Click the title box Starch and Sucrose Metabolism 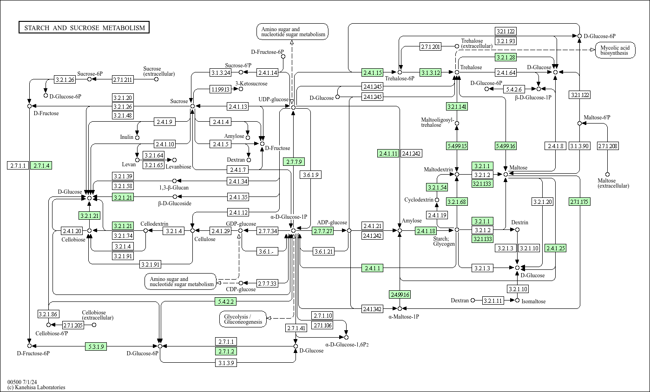(85, 28)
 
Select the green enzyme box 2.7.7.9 (294, 162)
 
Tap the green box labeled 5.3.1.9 (96, 346)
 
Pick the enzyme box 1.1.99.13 (221, 89)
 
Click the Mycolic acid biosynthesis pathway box (615, 51)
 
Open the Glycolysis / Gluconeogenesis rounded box (243, 319)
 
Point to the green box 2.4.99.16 (400, 294)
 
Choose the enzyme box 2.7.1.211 (123, 79)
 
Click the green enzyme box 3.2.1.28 (506, 58)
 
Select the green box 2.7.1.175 (579, 202)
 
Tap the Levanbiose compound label (178, 166)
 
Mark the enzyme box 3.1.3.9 (226, 363)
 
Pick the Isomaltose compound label (533, 301)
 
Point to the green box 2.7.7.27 (323, 231)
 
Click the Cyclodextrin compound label (419, 200)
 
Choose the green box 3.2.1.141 (457, 107)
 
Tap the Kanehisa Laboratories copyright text (36, 387)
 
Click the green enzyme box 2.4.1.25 (556, 248)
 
